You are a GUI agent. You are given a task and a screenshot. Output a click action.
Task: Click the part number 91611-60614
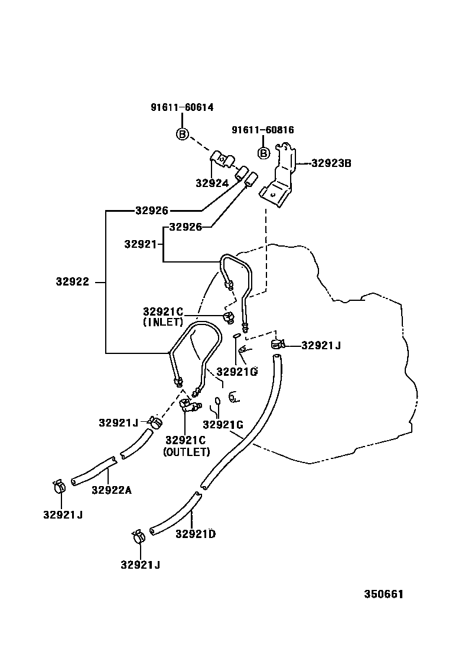pos(181,108)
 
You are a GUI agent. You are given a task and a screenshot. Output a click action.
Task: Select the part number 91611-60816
pos(262,130)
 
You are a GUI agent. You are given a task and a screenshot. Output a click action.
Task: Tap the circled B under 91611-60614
pos(182,135)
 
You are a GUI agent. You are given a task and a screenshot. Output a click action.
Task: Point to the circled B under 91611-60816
pos(263,153)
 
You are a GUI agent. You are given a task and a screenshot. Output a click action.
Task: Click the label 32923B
pos(331,163)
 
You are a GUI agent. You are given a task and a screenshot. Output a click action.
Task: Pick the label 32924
pos(212,183)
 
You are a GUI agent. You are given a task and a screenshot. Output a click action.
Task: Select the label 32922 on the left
pos(73,283)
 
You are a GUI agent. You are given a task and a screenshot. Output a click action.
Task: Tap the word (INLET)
pos(163,323)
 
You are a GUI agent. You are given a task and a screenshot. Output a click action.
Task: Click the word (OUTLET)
pos(186,452)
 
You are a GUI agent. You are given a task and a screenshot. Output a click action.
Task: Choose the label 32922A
pos(111,489)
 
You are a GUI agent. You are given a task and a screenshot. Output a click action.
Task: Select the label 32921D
pos(195,534)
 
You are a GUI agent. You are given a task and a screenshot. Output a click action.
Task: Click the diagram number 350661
pos(383,594)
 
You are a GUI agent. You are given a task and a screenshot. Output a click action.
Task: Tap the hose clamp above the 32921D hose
pos(277,345)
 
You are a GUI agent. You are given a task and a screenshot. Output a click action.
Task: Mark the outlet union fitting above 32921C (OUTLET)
pos(188,406)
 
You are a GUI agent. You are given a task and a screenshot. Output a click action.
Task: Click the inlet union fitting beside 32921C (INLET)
pos(227,319)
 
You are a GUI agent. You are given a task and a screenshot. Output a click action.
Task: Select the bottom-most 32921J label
pos(140,565)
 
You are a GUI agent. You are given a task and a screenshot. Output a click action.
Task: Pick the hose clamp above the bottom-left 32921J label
pos(58,487)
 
